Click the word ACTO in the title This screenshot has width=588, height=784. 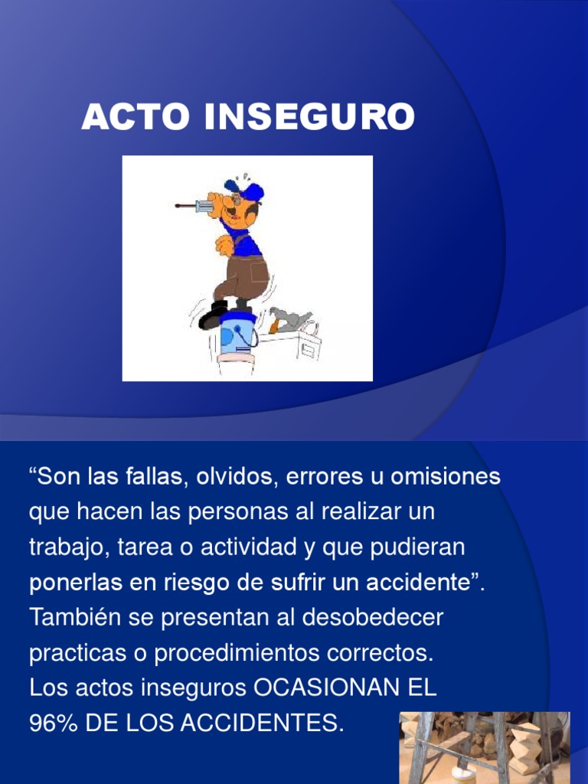pos(136,116)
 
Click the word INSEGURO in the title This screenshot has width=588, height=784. pos(309,116)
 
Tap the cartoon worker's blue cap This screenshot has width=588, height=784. pos(246,190)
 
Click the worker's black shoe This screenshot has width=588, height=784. pos(213,314)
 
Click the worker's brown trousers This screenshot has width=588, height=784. pos(244,278)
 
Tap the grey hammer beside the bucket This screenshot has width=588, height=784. pos(290,320)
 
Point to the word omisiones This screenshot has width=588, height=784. pos(446,476)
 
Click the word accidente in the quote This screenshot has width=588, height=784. pos(419,582)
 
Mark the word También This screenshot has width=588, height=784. pos(75,617)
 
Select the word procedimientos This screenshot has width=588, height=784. pos(237,653)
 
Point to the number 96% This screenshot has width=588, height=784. pos(54,723)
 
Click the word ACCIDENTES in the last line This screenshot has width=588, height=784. pos(262,723)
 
